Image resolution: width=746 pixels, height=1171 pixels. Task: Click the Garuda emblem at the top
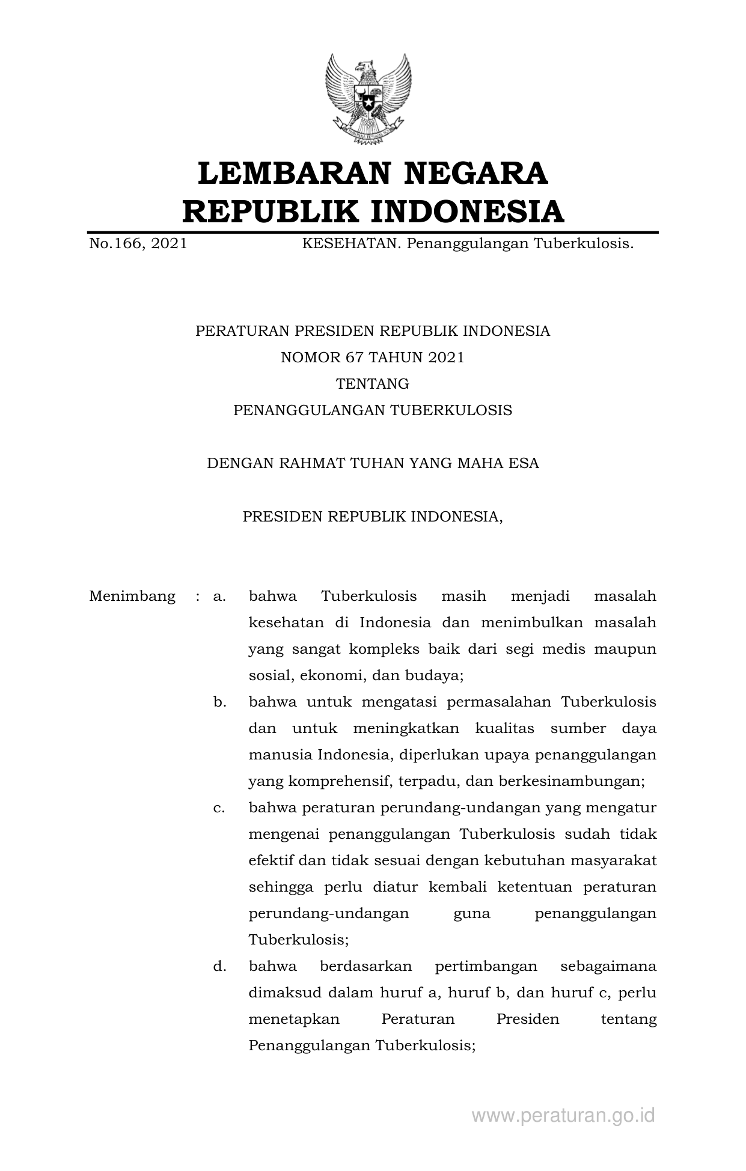368,99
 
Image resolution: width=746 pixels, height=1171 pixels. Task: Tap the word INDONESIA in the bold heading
466,211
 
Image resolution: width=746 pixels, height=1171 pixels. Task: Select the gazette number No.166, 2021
138,244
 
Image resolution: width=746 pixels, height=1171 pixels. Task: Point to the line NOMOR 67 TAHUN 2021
373,357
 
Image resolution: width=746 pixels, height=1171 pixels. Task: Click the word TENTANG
373,384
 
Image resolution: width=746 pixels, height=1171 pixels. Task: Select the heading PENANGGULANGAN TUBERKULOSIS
373,410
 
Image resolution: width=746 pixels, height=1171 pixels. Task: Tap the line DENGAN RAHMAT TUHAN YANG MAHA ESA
373,463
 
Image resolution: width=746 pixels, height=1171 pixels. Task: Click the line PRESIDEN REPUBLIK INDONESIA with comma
373,516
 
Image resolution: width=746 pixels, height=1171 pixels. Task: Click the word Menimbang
132,596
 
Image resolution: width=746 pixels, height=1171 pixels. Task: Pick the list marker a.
219,596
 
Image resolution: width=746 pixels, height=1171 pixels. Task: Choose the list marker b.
219,702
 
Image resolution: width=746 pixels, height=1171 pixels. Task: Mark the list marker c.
219,808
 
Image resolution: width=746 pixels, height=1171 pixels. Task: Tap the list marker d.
219,966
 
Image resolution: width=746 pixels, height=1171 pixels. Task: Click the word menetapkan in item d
294,1019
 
